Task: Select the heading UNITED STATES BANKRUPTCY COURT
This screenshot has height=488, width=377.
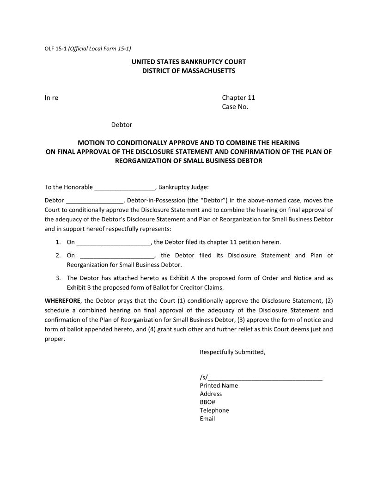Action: [x=188, y=62]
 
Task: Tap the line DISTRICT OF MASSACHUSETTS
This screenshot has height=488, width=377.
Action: [x=188, y=71]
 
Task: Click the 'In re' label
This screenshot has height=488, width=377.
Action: [x=51, y=98]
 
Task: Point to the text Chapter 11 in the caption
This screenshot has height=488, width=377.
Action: [x=238, y=98]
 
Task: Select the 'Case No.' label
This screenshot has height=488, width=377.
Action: [x=235, y=107]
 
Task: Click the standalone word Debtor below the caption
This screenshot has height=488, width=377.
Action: [x=122, y=125]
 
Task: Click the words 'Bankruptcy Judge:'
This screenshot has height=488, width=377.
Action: [x=183, y=187]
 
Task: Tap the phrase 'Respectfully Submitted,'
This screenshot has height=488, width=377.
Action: [x=232, y=352]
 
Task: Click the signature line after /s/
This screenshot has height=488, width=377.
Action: [x=265, y=378]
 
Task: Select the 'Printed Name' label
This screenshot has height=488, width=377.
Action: [x=219, y=385]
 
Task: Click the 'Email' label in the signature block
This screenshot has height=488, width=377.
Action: [x=207, y=419]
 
